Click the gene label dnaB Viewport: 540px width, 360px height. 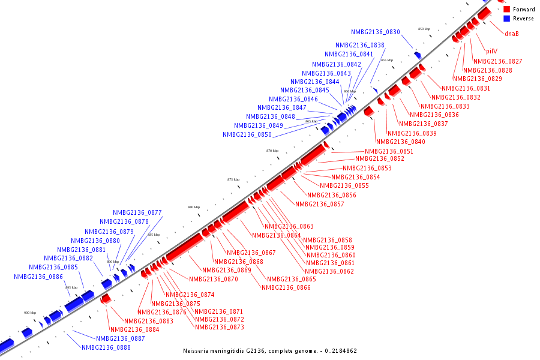(511, 34)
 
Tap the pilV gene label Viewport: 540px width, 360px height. (491, 51)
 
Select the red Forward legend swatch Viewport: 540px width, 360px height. (507, 10)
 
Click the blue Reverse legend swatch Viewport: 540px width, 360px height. (507, 19)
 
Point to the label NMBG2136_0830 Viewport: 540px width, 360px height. (376, 32)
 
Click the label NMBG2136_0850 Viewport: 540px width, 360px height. (247, 135)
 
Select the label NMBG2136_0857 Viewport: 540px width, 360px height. (320, 204)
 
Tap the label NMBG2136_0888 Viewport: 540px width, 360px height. (106, 347)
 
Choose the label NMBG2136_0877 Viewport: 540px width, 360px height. (137, 212)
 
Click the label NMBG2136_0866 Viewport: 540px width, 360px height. (286, 287)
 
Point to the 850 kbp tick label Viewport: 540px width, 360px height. (424, 29)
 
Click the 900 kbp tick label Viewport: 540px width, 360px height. (30, 313)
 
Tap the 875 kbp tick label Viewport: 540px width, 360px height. (233, 179)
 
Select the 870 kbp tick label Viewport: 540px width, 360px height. (272, 151)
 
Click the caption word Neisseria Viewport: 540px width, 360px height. (197, 351)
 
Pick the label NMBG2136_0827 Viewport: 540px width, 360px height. (497, 61)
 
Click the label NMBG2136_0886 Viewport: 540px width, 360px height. (38, 277)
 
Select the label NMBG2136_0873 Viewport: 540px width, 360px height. (219, 327)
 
